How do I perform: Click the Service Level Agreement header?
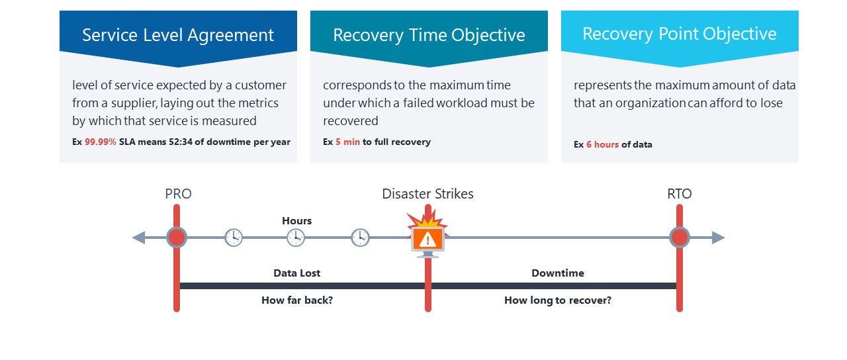point(178,35)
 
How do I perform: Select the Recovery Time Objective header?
point(429,35)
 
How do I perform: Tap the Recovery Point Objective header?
point(680,34)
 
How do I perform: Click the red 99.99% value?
point(101,142)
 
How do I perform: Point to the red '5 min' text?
point(347,142)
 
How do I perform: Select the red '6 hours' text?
point(602,144)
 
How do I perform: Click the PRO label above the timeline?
point(178,194)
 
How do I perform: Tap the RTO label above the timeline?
point(679,194)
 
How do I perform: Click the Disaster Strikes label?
point(427,194)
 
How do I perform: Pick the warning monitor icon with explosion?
point(428,237)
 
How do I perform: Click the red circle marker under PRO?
point(177,237)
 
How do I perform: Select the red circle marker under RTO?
point(680,237)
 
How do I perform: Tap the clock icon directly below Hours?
point(296,237)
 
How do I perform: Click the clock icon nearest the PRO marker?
point(234,237)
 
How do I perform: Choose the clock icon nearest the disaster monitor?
point(360,237)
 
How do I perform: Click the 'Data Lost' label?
point(296,273)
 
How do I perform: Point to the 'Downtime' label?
point(557,273)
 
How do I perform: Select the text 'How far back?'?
point(296,300)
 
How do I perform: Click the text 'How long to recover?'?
point(557,300)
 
